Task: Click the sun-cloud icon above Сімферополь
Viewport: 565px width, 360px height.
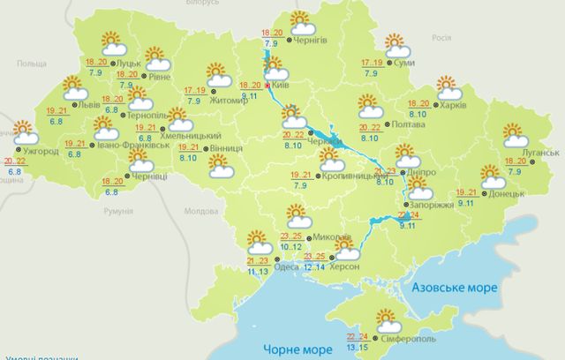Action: coord(386,319)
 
